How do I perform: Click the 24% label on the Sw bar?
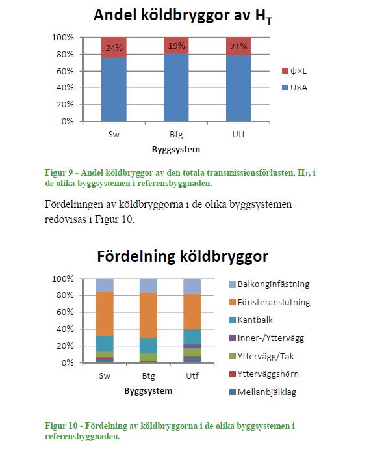point(114,48)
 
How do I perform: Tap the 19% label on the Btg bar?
point(176,46)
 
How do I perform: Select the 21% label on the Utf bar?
point(238,46)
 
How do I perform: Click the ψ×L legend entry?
point(294,71)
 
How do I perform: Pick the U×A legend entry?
point(295,88)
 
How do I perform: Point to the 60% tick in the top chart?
point(65,71)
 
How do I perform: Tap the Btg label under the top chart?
point(176,134)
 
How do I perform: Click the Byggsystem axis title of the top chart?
point(176,150)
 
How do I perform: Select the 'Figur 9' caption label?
point(59,173)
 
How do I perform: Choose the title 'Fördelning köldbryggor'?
point(183,256)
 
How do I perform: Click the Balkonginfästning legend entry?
point(270,284)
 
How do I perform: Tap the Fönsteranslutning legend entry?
point(270,303)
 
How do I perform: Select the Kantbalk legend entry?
point(251,320)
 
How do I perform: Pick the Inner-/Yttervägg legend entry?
point(266,338)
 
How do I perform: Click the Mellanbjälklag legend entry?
point(263,392)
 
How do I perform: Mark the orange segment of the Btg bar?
point(148,316)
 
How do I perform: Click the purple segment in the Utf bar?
point(192,346)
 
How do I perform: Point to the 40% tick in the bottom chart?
point(65,329)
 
